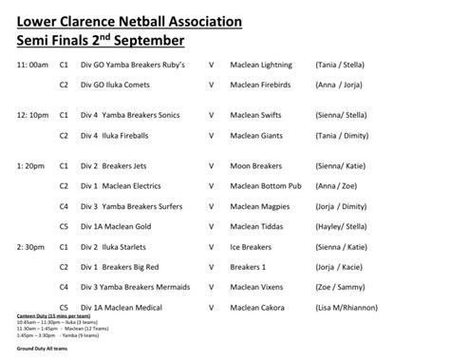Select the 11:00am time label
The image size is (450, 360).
click(x=32, y=65)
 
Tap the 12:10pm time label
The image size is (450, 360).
click(x=32, y=114)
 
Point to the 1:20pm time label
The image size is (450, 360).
click(x=30, y=164)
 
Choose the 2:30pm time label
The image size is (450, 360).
click(x=30, y=244)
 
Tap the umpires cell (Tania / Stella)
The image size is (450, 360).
click(x=344, y=65)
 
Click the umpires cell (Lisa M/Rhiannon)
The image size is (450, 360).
click(x=351, y=307)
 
